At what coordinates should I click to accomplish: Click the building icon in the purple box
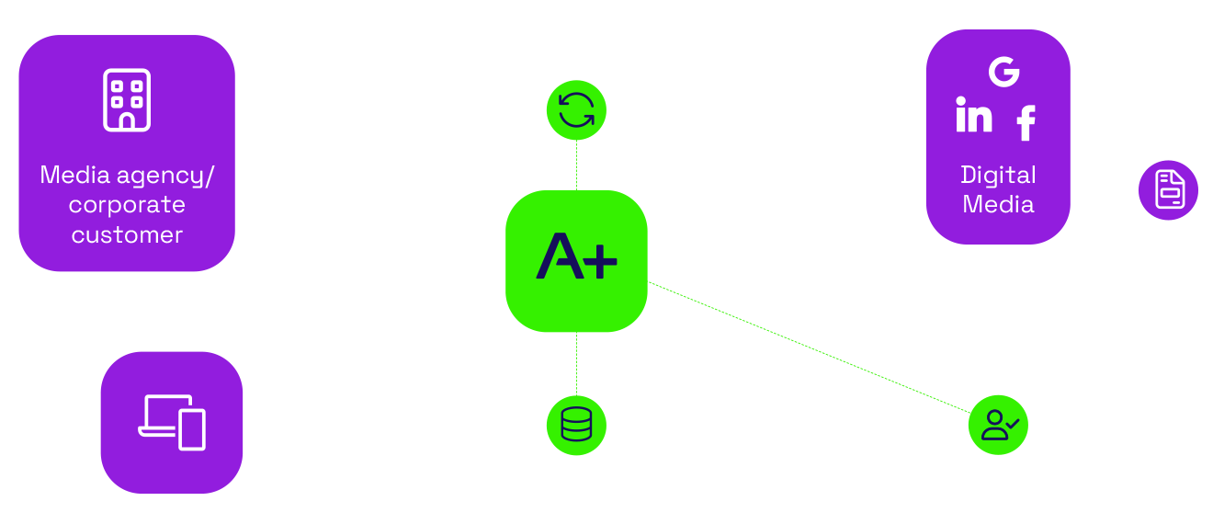(127, 99)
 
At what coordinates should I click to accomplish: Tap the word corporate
(127, 204)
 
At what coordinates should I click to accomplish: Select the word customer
(127, 234)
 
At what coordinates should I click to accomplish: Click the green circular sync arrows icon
(576, 111)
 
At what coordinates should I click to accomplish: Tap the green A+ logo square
(576, 261)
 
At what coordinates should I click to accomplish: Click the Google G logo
(1003, 72)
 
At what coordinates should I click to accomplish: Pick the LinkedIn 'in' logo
(974, 115)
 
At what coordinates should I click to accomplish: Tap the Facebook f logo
(1026, 122)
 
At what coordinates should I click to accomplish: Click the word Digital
(998, 175)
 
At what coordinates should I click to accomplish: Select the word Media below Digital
(998, 204)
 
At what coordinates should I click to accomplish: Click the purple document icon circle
(1168, 190)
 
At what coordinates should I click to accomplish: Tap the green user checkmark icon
(999, 426)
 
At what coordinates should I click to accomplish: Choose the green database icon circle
(576, 426)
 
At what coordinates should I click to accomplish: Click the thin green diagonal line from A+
(809, 346)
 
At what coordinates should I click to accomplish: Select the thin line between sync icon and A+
(576, 165)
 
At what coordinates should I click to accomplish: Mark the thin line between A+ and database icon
(576, 364)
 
